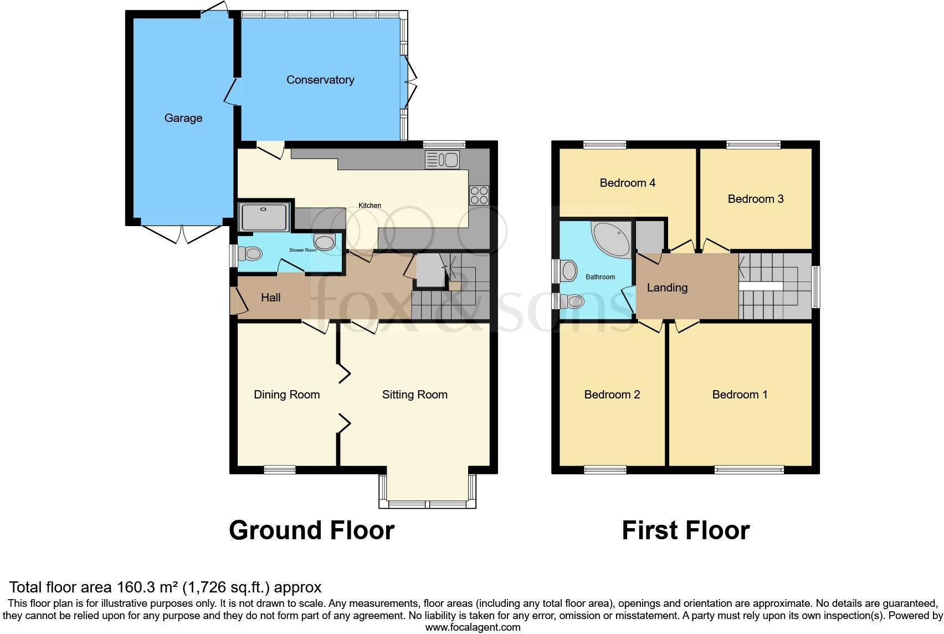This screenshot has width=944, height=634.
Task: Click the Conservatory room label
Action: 320,80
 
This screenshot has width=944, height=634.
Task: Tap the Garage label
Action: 183,118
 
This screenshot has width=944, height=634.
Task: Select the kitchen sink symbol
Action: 442,160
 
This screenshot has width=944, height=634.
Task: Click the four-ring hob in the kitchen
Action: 479,195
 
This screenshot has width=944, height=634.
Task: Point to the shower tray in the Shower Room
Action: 264,217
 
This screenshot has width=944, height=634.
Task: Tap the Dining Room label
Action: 286,395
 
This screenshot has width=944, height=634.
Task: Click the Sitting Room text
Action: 414,395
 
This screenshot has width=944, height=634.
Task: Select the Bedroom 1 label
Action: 740,395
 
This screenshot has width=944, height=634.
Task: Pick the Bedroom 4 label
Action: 627,183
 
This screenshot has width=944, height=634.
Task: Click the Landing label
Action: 667,288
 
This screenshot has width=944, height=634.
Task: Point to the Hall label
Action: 270,298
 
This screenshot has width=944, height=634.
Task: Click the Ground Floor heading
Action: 311,530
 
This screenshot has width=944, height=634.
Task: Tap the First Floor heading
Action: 685,530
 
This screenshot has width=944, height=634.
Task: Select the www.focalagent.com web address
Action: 473,627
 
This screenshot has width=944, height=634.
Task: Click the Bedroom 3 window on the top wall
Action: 753,145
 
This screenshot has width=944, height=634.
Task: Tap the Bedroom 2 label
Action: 612,395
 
